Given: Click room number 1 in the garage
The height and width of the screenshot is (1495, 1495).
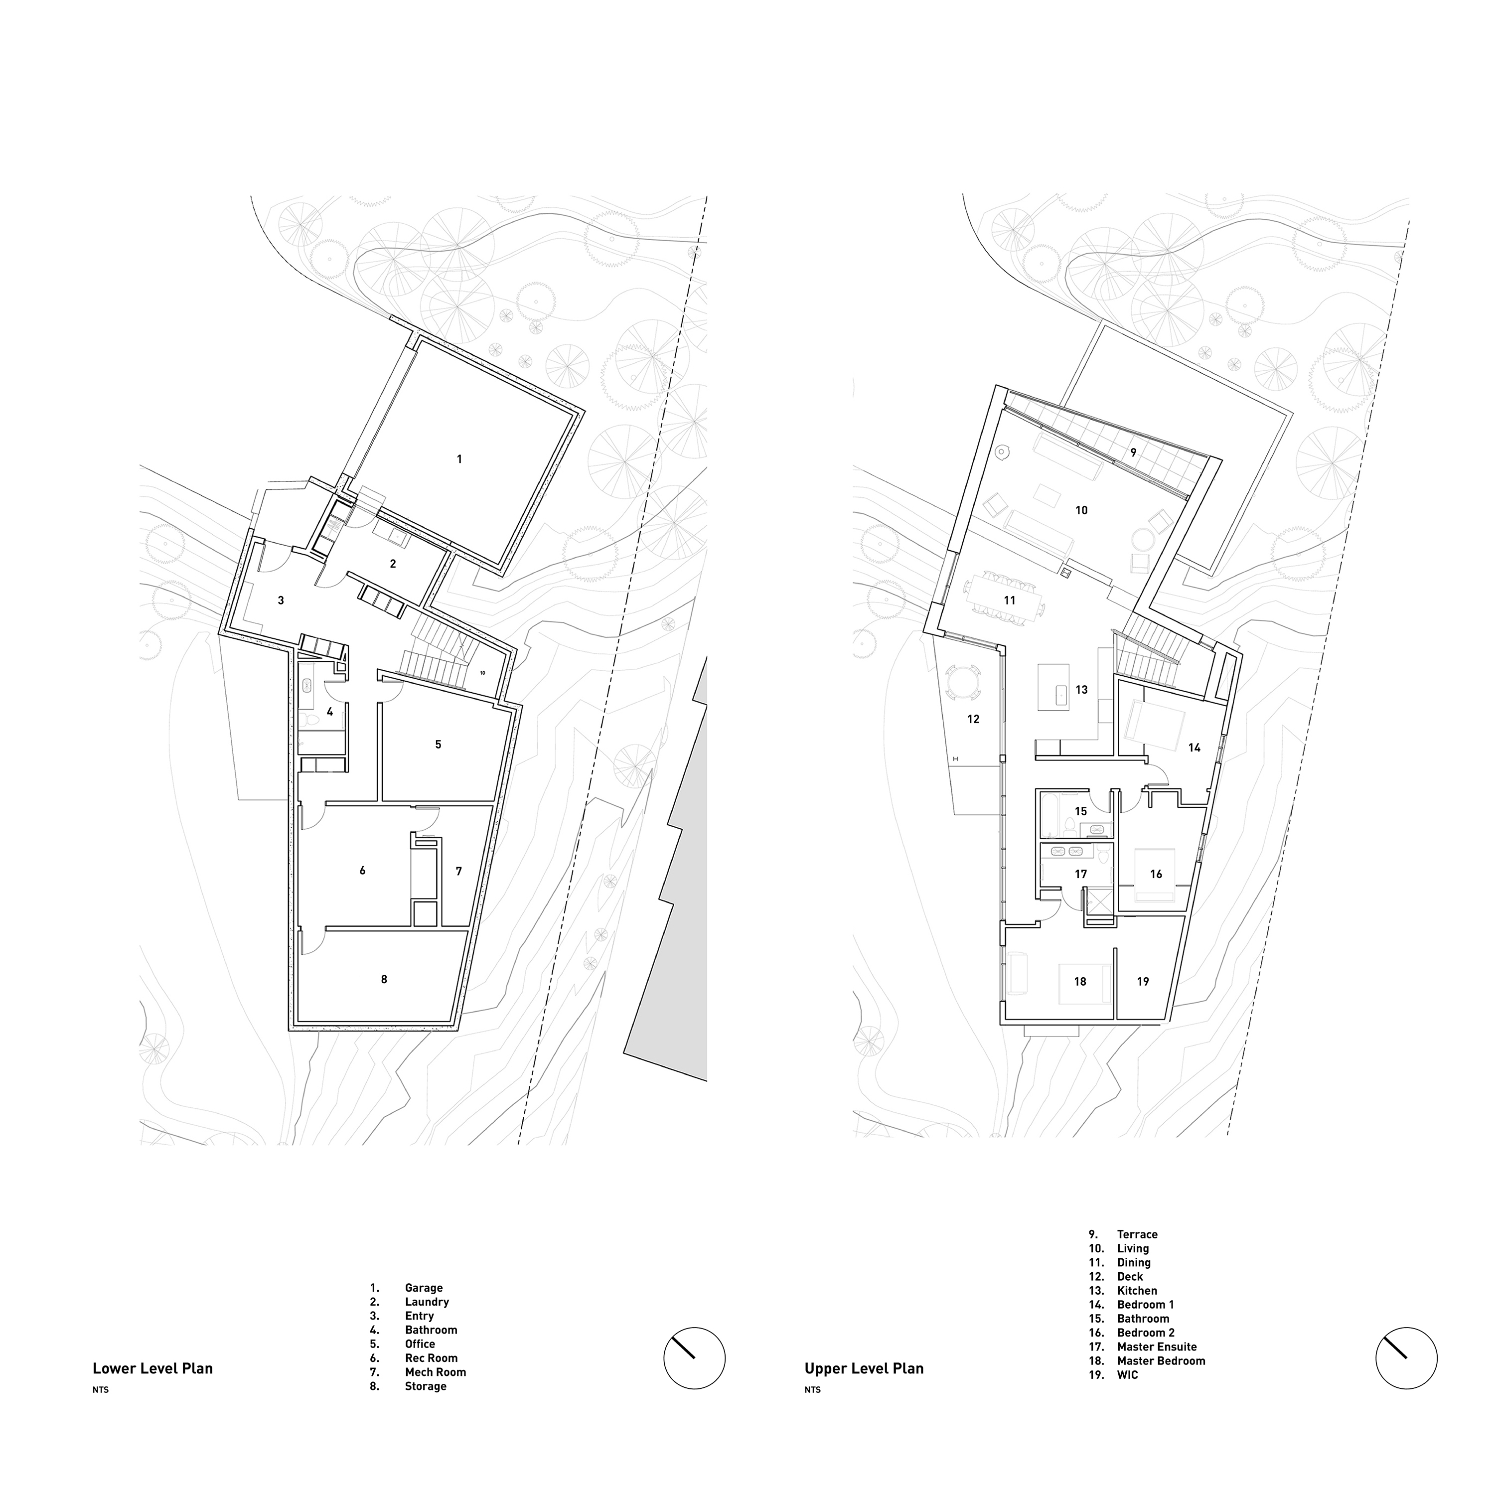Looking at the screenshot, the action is pos(459,459).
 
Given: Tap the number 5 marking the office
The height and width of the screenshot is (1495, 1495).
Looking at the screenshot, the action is pos(438,745).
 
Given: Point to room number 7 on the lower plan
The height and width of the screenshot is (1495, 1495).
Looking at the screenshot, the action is pos(459,871).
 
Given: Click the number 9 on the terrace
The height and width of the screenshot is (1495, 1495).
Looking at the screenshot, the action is pos(1134,452).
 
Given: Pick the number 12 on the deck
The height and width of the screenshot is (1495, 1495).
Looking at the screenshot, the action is pos(973,719).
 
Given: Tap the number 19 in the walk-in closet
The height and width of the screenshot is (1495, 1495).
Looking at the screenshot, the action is pos(1143,981).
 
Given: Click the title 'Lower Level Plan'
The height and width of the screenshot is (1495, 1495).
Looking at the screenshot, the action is pos(152,1367).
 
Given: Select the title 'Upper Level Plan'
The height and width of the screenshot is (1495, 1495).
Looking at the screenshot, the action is pos(864,1368).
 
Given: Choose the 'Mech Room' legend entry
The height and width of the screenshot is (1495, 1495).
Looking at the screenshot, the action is pos(436,1372).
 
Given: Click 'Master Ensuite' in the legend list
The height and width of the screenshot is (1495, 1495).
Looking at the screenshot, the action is pos(1157,1346).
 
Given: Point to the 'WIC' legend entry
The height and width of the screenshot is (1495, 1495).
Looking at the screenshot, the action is pos(1127,1375).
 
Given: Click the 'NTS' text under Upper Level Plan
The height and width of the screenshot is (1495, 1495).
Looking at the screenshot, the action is pos(812,1390).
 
